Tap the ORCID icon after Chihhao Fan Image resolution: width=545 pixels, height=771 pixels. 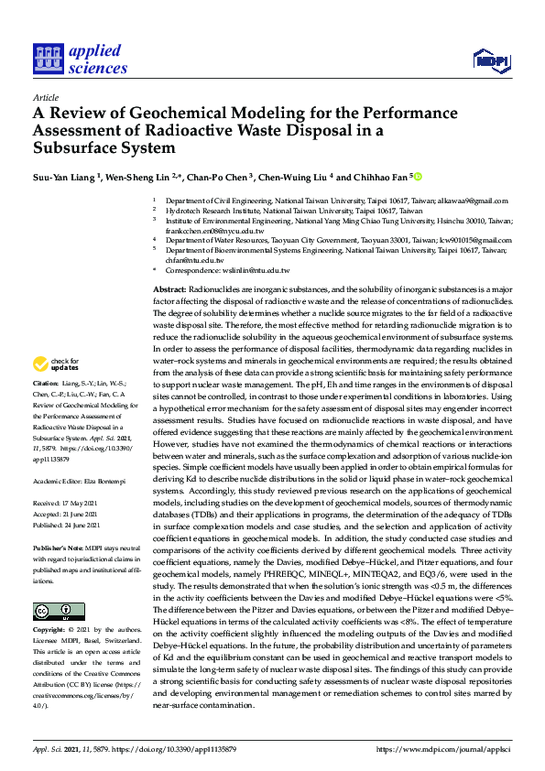point(419,176)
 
